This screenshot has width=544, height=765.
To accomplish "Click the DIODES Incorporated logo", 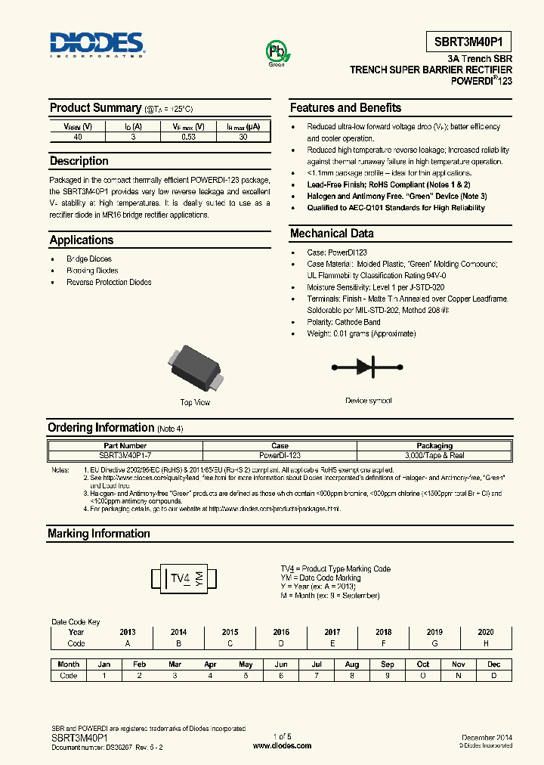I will [x=97, y=45].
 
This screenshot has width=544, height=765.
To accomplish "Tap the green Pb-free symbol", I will [x=276, y=52].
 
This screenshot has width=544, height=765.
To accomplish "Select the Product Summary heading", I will [x=95, y=108].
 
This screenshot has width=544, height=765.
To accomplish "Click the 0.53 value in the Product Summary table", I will [x=189, y=137].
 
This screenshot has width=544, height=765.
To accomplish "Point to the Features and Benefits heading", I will [x=345, y=108].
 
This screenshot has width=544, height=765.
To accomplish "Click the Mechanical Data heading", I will [x=332, y=234].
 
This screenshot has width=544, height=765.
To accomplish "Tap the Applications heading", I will [x=82, y=240].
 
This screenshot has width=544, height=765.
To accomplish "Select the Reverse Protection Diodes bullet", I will [x=109, y=282].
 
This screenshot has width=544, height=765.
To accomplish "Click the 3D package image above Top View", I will [x=195, y=368].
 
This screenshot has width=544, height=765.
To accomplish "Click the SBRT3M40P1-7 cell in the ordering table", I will [x=125, y=456].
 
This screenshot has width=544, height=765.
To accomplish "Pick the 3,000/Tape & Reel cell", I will [x=434, y=456].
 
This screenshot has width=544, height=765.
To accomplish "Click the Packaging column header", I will [x=434, y=446].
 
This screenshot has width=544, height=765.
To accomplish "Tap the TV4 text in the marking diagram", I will [x=180, y=579].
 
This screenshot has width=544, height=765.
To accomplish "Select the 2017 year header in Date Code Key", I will [x=332, y=632].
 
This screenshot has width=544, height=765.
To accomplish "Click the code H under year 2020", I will [x=486, y=643].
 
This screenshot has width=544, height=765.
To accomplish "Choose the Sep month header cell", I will [x=387, y=664].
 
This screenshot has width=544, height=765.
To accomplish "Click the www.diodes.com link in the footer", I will [x=282, y=745].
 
